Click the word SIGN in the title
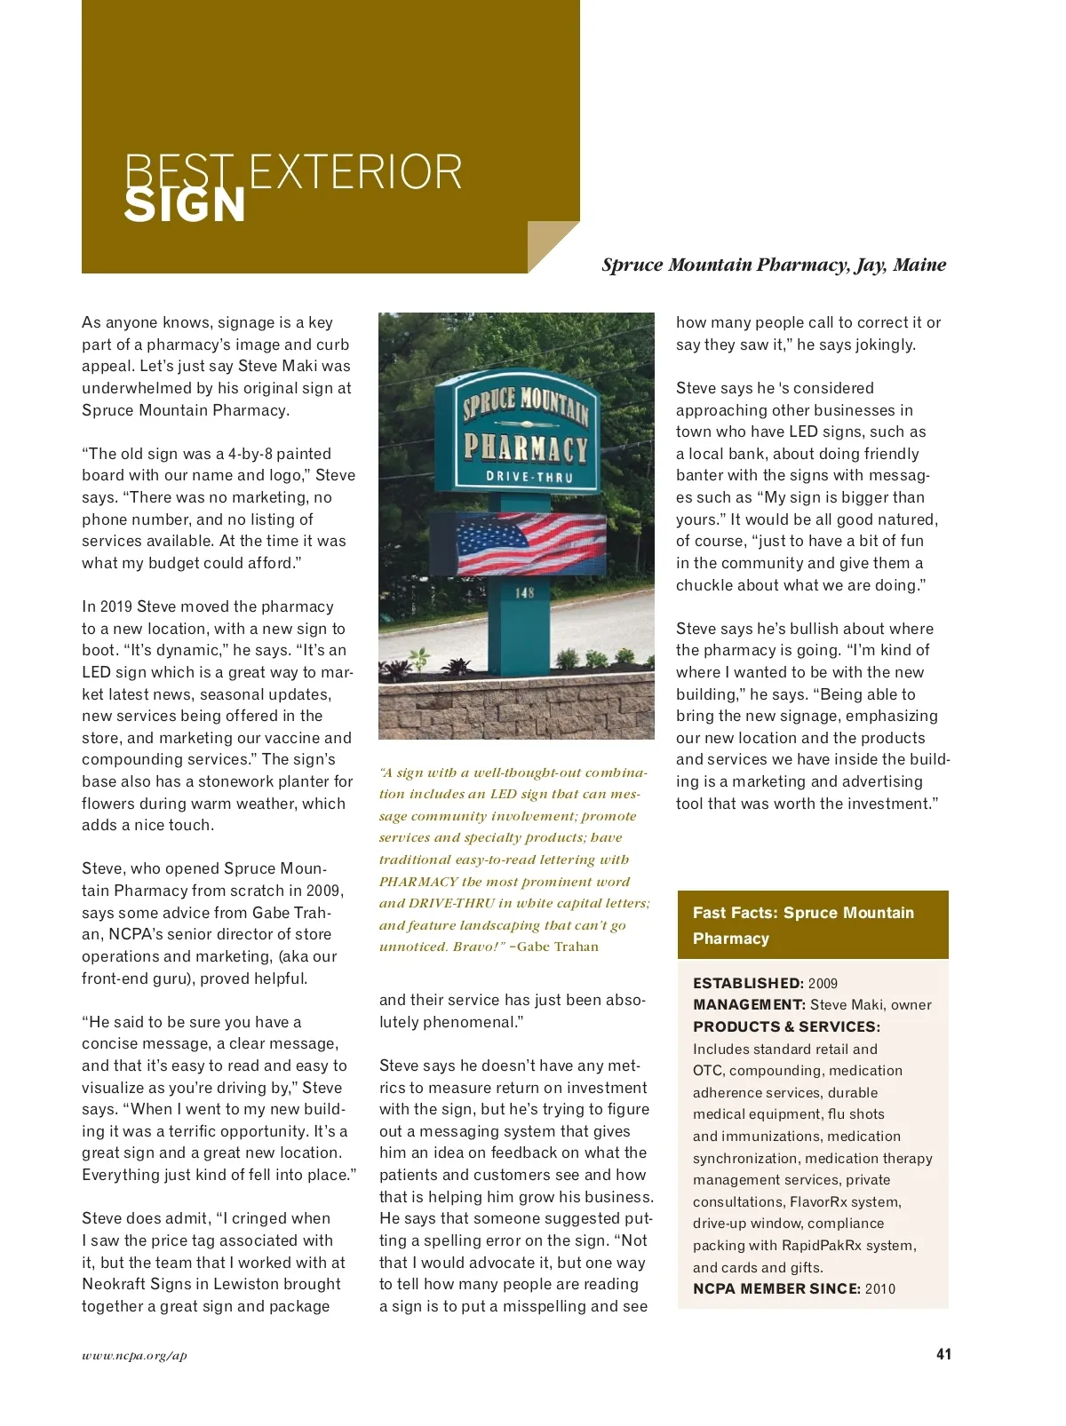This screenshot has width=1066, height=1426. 184,205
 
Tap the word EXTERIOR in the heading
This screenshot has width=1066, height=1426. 355,172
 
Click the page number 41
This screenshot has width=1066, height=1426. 943,1354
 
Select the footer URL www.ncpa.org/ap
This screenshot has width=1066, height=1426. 134,1355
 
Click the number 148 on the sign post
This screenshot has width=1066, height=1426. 525,592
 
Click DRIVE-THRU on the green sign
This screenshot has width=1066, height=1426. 529,477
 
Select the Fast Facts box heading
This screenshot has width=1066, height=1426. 803,925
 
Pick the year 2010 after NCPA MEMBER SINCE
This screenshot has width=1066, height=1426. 879,1288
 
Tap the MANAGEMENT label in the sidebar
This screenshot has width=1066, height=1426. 749,1004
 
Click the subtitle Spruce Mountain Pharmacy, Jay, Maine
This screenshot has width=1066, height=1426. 773,265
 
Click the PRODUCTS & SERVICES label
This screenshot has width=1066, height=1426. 786,1026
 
